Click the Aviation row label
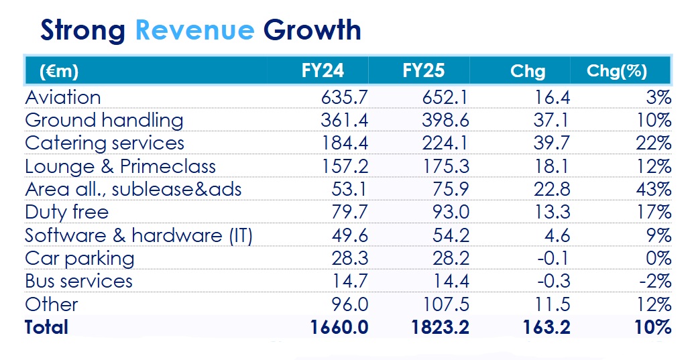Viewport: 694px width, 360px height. pyautogui.click(x=63, y=97)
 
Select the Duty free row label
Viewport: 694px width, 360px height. pyautogui.click(x=66, y=213)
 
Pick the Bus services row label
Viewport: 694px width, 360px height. pyautogui.click(x=78, y=281)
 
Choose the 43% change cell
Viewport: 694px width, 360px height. pyautogui.click(x=654, y=189)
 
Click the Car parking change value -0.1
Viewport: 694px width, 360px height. pyautogui.click(x=554, y=258)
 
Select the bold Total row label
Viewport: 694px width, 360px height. pyautogui.click(x=47, y=327)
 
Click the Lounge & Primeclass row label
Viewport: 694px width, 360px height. pyautogui.click(x=120, y=166)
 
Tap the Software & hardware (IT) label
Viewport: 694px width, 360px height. pyautogui.click(x=138, y=235)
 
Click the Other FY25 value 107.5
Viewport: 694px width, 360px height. pyautogui.click(x=443, y=304)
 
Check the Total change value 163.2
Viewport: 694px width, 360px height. pyautogui.click(x=544, y=327)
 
